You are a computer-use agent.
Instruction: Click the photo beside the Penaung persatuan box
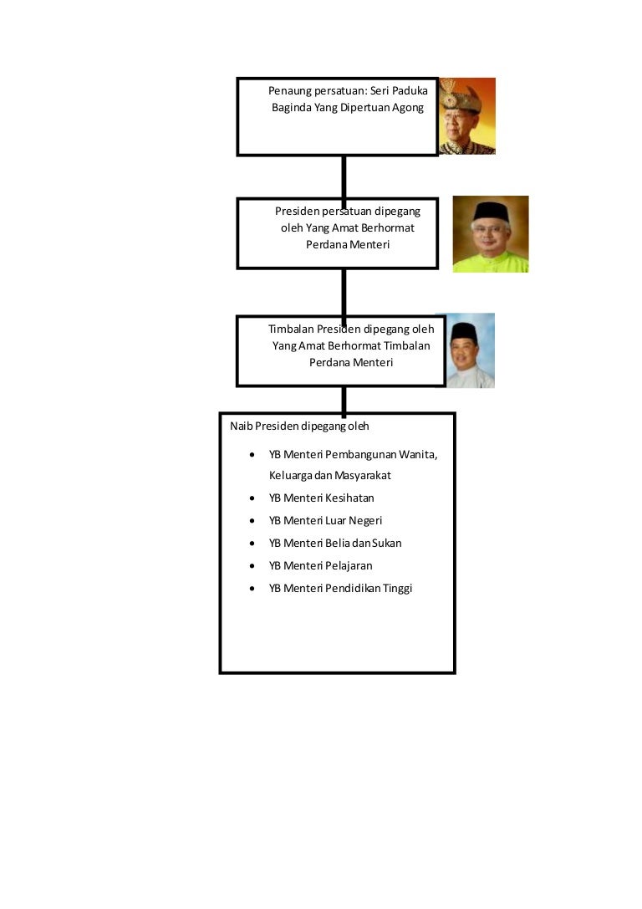467,116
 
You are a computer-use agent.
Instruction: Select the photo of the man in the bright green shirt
491,234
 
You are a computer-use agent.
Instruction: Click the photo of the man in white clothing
470,350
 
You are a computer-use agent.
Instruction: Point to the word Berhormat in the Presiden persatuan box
387,227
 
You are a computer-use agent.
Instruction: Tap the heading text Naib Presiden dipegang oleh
299,426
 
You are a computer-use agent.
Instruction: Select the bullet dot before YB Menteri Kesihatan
252,498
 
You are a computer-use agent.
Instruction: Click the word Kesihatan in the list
349,498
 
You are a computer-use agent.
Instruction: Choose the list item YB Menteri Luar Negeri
325,521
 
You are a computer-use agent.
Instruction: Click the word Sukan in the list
386,544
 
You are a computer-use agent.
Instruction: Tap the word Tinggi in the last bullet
397,589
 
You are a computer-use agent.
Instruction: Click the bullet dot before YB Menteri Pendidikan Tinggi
252,589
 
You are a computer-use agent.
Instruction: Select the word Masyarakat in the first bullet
363,475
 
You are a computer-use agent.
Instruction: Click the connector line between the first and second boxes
344,177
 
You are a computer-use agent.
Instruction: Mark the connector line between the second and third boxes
344,293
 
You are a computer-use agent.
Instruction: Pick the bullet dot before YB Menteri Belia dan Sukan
252,544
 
